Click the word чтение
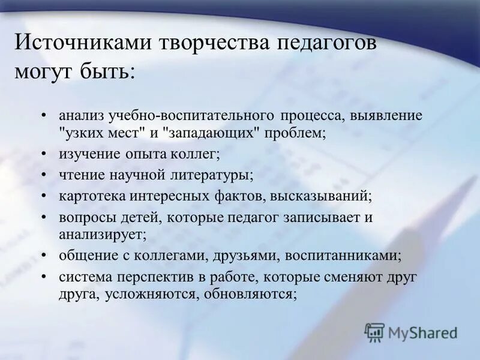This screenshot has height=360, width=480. (80, 175)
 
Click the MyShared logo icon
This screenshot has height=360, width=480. (374, 332)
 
